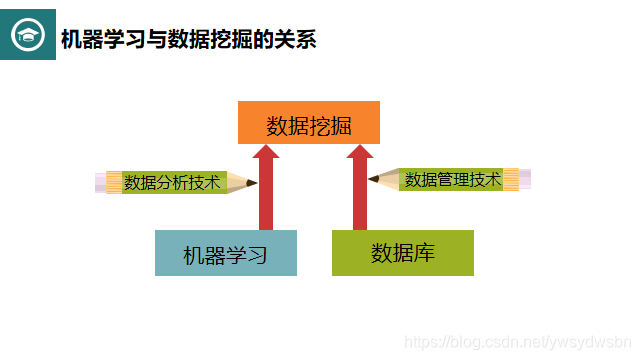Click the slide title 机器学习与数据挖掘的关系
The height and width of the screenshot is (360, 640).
click(x=188, y=40)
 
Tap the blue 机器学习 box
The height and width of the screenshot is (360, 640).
click(x=226, y=253)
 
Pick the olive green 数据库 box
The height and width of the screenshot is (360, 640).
click(x=402, y=252)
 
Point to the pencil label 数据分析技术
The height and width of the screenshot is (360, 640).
click(x=172, y=183)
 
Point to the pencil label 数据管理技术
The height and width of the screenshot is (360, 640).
click(x=452, y=180)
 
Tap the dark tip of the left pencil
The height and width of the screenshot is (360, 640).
click(x=252, y=183)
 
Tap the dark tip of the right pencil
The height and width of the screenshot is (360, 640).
click(x=372, y=180)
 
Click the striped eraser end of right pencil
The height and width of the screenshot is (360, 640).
click(x=514, y=179)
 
